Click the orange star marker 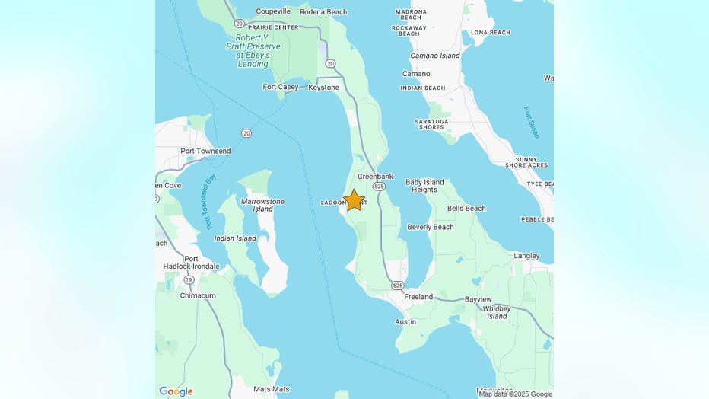coord(354,200)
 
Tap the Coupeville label coord(273,11)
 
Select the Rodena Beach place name coord(323,12)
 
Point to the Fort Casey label coord(281,87)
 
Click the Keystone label coord(323,88)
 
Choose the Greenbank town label coord(375,177)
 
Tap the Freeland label coord(418,297)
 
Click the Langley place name coord(526,256)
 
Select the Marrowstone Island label coord(262,206)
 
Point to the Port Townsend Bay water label coord(211,201)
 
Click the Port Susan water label coord(532,123)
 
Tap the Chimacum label coord(198,295)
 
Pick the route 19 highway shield coord(189,280)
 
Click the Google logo coord(176,391)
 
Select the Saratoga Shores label coord(431,124)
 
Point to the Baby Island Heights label coord(424,186)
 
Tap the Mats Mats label coord(271,389)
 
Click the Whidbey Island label coord(497,311)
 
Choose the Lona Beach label coord(491,33)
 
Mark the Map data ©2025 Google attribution coord(515,394)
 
